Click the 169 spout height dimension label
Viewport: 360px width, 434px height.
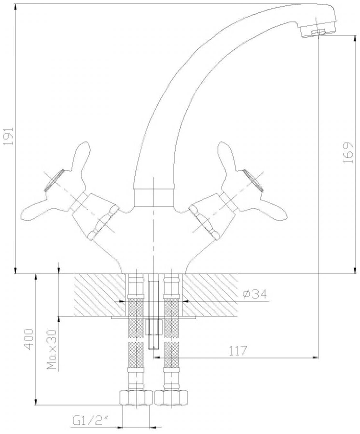[348, 153]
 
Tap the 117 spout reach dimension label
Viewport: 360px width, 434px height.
[238, 351]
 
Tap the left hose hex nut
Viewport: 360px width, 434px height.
[136, 398]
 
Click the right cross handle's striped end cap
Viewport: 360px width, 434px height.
[253, 181]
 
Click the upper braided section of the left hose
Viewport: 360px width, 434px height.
[135, 318]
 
